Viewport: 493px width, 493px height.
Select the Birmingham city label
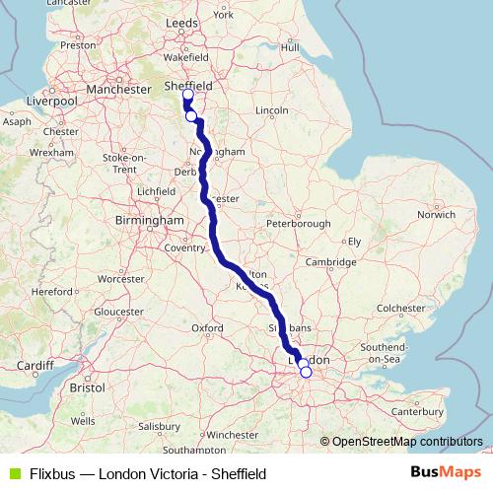(x=149, y=220)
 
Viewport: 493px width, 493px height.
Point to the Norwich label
(x=435, y=213)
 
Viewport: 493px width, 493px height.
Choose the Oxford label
(x=207, y=327)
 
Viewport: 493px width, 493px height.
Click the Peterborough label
(x=298, y=224)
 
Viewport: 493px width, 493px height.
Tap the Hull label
(x=289, y=46)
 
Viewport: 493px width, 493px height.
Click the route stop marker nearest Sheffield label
(x=187, y=96)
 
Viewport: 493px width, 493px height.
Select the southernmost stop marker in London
(x=306, y=372)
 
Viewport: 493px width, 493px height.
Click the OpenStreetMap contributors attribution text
(x=406, y=442)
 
